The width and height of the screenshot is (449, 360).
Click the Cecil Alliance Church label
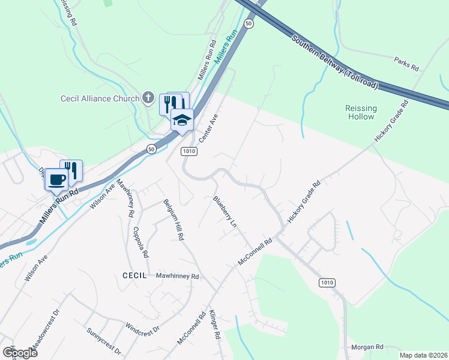tap(100, 98)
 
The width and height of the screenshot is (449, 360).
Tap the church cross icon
tap(148, 98)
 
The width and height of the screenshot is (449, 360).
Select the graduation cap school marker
tap(182, 119)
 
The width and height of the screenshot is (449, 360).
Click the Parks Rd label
tap(406, 62)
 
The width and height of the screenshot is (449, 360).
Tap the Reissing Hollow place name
tap(361, 112)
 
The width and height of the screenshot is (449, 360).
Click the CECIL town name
tap(135, 275)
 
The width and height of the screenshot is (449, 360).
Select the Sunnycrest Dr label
tap(103, 340)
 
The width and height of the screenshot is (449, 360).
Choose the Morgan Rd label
tap(367, 347)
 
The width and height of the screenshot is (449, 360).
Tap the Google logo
tap(20, 352)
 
